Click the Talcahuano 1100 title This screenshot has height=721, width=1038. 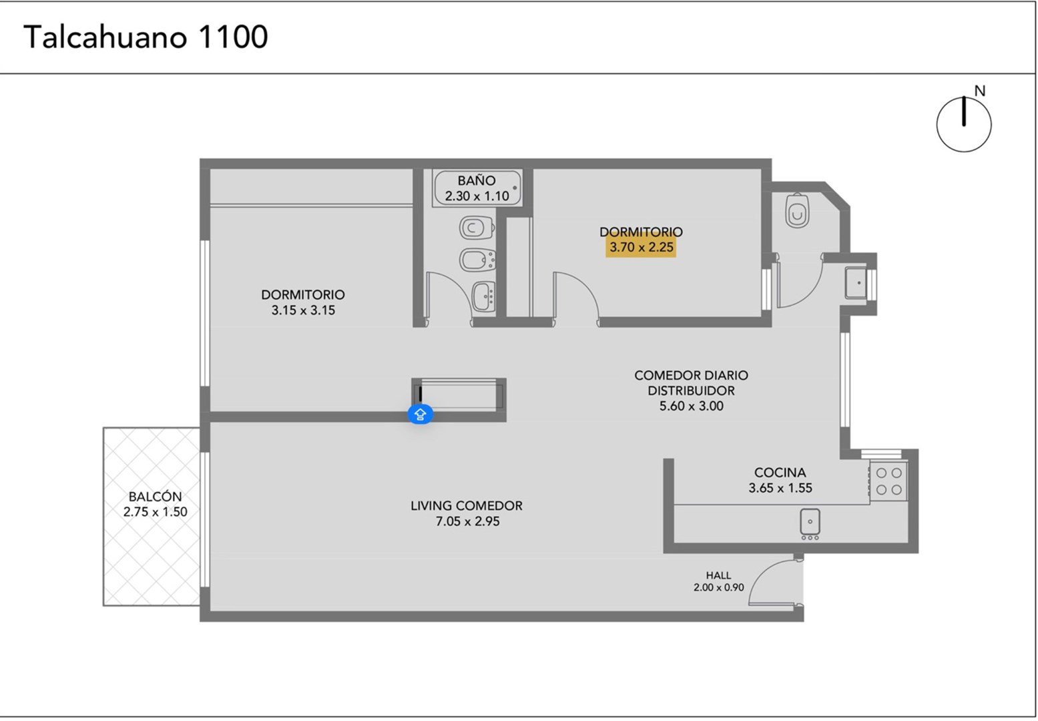146,37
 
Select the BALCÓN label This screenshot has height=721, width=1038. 156,496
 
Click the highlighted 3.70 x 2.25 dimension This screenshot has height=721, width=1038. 641,247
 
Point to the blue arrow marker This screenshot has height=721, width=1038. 421,414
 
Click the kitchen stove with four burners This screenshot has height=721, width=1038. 888,481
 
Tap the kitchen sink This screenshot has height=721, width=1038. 810,522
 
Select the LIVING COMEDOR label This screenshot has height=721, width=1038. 467,505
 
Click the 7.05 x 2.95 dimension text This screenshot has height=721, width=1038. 467,521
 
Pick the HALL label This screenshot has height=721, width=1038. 719,575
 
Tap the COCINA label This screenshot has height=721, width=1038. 780,473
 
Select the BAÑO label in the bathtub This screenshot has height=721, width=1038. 477,180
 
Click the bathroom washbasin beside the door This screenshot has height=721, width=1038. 484,296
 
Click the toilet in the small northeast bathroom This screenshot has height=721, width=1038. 798,211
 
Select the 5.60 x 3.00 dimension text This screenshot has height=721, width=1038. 692,406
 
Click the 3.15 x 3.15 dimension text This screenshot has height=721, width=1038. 303,310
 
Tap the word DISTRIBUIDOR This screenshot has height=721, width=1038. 692,391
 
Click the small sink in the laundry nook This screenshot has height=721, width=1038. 856,282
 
